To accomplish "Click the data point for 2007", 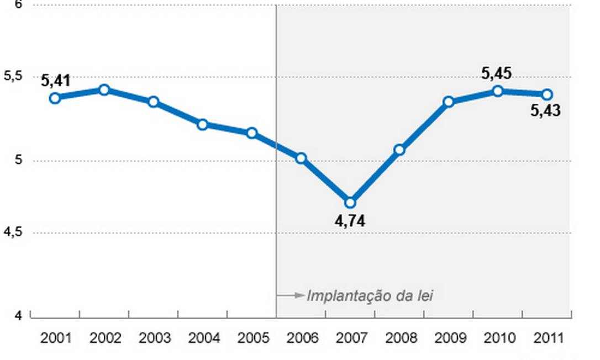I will (x=350, y=203).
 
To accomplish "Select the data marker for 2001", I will (x=55, y=98).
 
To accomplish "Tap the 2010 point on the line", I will (x=498, y=91).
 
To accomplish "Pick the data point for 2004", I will (x=202, y=125).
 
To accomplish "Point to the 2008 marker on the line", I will (x=399, y=150).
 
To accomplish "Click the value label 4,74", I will (x=350, y=222).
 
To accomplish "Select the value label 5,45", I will (x=496, y=73).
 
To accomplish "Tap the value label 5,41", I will (x=55, y=81).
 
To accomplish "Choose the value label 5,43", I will (x=545, y=111).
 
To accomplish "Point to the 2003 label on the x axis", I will (x=155, y=338).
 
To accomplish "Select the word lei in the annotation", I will (x=424, y=296).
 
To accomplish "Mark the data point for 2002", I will (x=104, y=90).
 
